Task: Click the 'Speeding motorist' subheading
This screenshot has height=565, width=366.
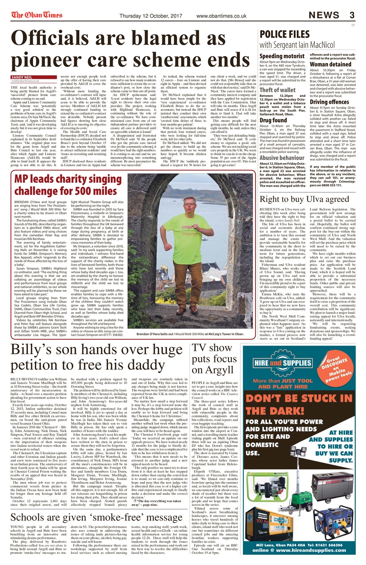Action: (x=282, y=56)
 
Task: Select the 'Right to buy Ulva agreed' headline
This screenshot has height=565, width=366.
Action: (x=304, y=199)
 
